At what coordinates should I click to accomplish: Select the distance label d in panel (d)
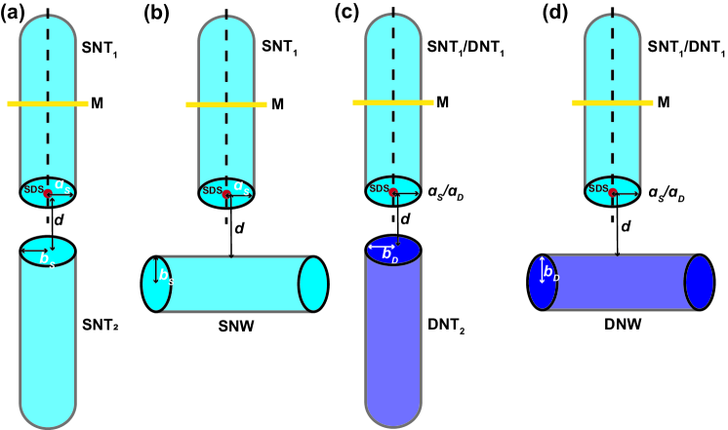(627, 226)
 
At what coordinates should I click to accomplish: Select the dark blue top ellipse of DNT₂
(393, 250)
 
